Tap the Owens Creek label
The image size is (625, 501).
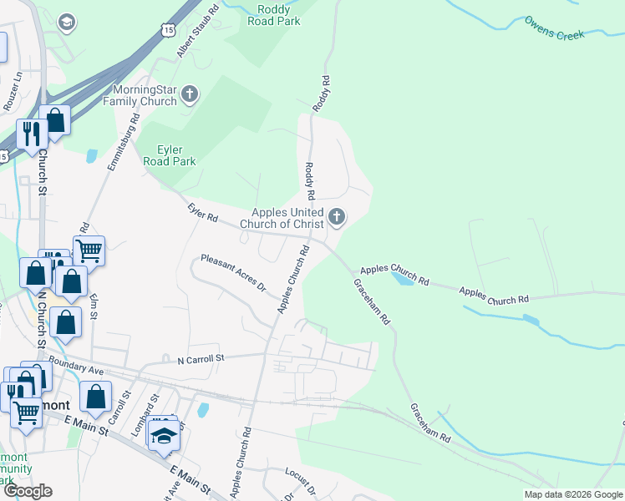(x=557, y=27)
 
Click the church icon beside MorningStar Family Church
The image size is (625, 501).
(x=190, y=94)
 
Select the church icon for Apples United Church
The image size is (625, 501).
(x=337, y=218)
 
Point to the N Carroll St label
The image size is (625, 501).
(x=201, y=358)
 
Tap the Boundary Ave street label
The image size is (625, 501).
(x=75, y=366)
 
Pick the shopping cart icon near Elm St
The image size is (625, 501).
(x=89, y=249)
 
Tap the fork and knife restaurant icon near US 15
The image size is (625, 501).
(x=32, y=134)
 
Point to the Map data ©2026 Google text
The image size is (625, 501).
(x=572, y=493)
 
